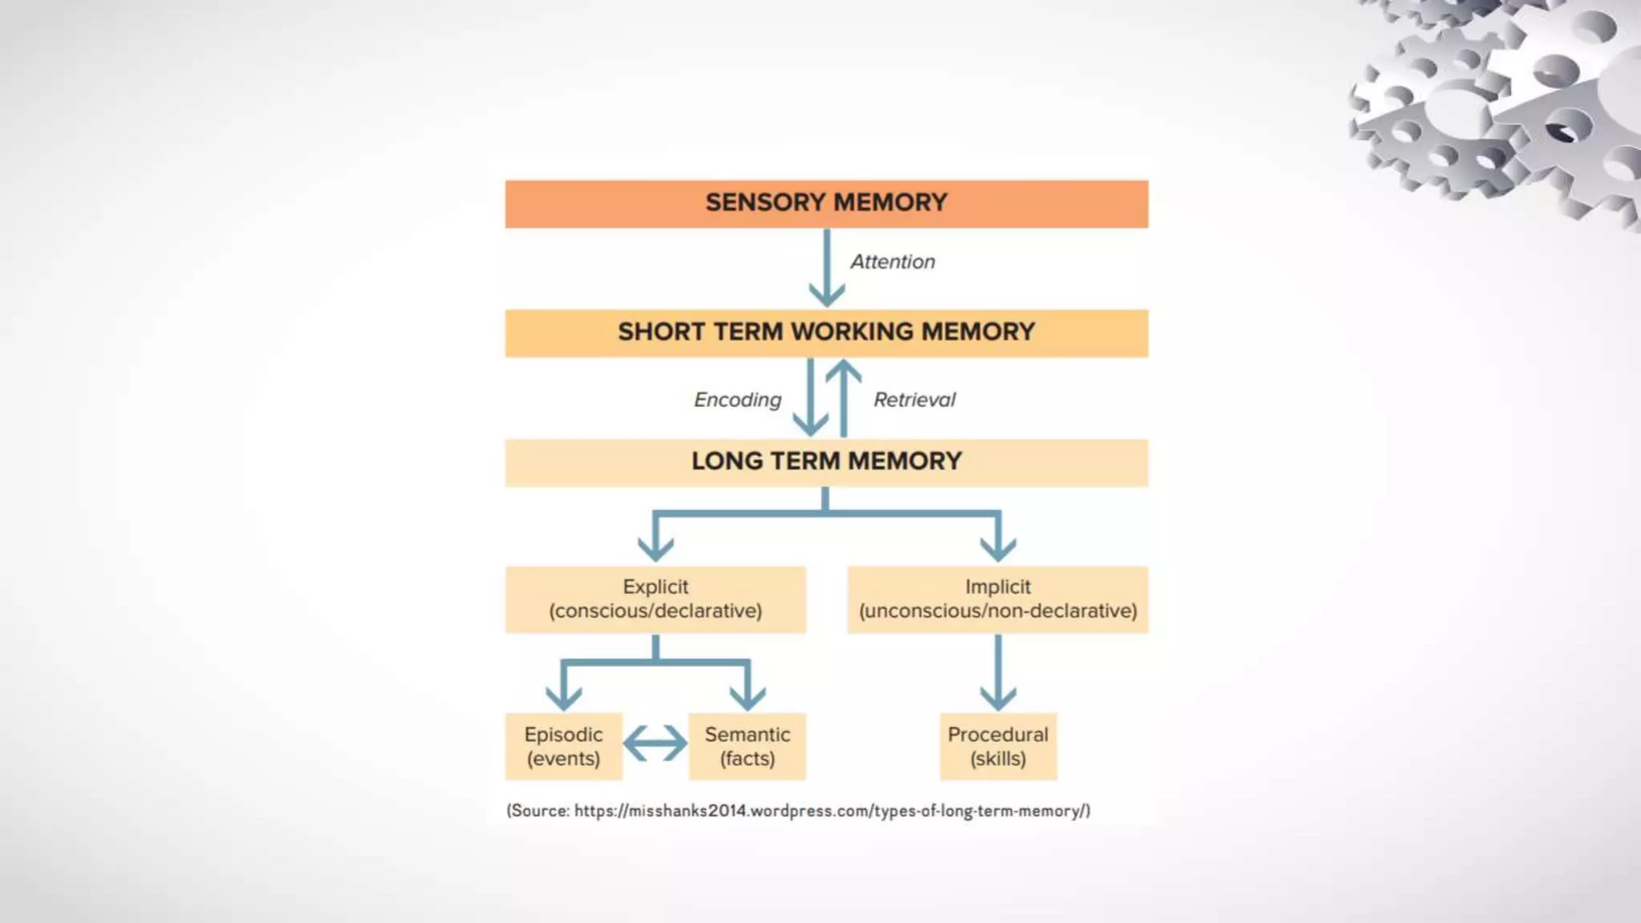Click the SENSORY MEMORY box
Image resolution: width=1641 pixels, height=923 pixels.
(826, 204)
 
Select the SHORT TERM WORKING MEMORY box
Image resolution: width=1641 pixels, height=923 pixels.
(826, 333)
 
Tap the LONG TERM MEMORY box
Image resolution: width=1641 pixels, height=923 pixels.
(826, 462)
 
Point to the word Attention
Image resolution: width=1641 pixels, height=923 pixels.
(893, 262)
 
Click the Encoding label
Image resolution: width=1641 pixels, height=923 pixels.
(737, 400)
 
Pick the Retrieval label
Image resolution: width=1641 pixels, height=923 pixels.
(914, 400)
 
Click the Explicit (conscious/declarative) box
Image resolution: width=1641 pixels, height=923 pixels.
(655, 599)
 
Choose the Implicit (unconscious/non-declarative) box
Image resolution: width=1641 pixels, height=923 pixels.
(998, 599)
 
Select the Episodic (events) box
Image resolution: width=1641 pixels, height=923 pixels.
(563, 746)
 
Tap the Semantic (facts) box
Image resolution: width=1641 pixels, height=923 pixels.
(748, 746)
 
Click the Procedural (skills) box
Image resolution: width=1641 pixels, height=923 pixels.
(998, 746)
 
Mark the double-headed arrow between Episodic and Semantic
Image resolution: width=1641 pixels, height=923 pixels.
(655, 744)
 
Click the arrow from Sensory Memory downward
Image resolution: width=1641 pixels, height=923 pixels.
(827, 268)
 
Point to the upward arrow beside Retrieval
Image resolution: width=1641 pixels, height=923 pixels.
(844, 397)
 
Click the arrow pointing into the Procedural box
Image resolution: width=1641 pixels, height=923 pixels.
(998, 673)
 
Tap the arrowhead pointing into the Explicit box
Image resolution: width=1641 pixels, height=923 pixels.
(655, 548)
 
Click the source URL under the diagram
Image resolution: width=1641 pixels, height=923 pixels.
(832, 811)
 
